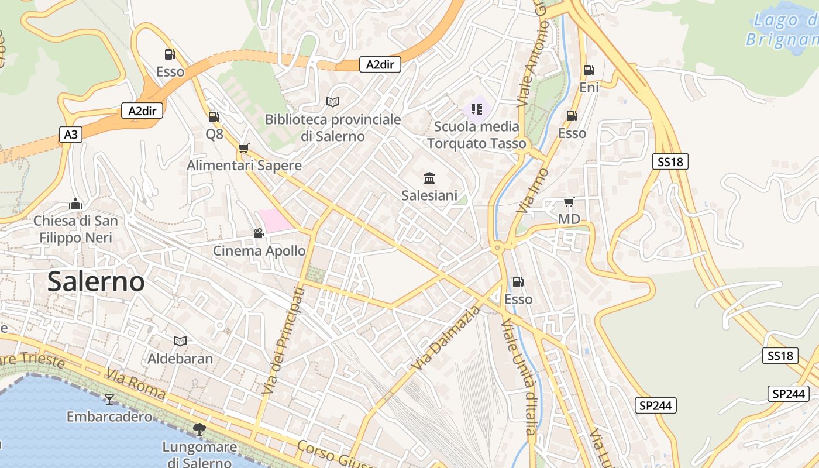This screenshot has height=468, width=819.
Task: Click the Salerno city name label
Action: tap(96, 281)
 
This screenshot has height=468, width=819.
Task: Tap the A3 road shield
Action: tap(70, 135)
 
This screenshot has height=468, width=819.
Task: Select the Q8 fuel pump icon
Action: tap(214, 117)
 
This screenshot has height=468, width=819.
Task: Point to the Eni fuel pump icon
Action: tap(589, 70)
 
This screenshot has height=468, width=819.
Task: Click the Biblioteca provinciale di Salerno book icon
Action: tap(333, 102)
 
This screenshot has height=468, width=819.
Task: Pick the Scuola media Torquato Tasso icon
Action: tap(477, 109)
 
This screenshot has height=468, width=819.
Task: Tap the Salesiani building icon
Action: tap(429, 178)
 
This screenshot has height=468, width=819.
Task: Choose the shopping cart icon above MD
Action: tap(569, 202)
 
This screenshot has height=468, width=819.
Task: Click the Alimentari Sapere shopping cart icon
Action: tap(244, 149)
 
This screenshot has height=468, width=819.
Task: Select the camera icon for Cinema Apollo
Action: tap(259, 233)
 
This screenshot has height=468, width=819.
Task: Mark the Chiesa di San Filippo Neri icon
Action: tap(75, 204)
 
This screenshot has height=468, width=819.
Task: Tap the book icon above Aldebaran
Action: tap(180, 341)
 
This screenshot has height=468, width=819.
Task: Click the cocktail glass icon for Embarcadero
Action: tap(109, 400)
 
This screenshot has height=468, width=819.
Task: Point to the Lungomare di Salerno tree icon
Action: tap(199, 429)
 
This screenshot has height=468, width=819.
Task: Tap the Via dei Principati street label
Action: tap(284, 339)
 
